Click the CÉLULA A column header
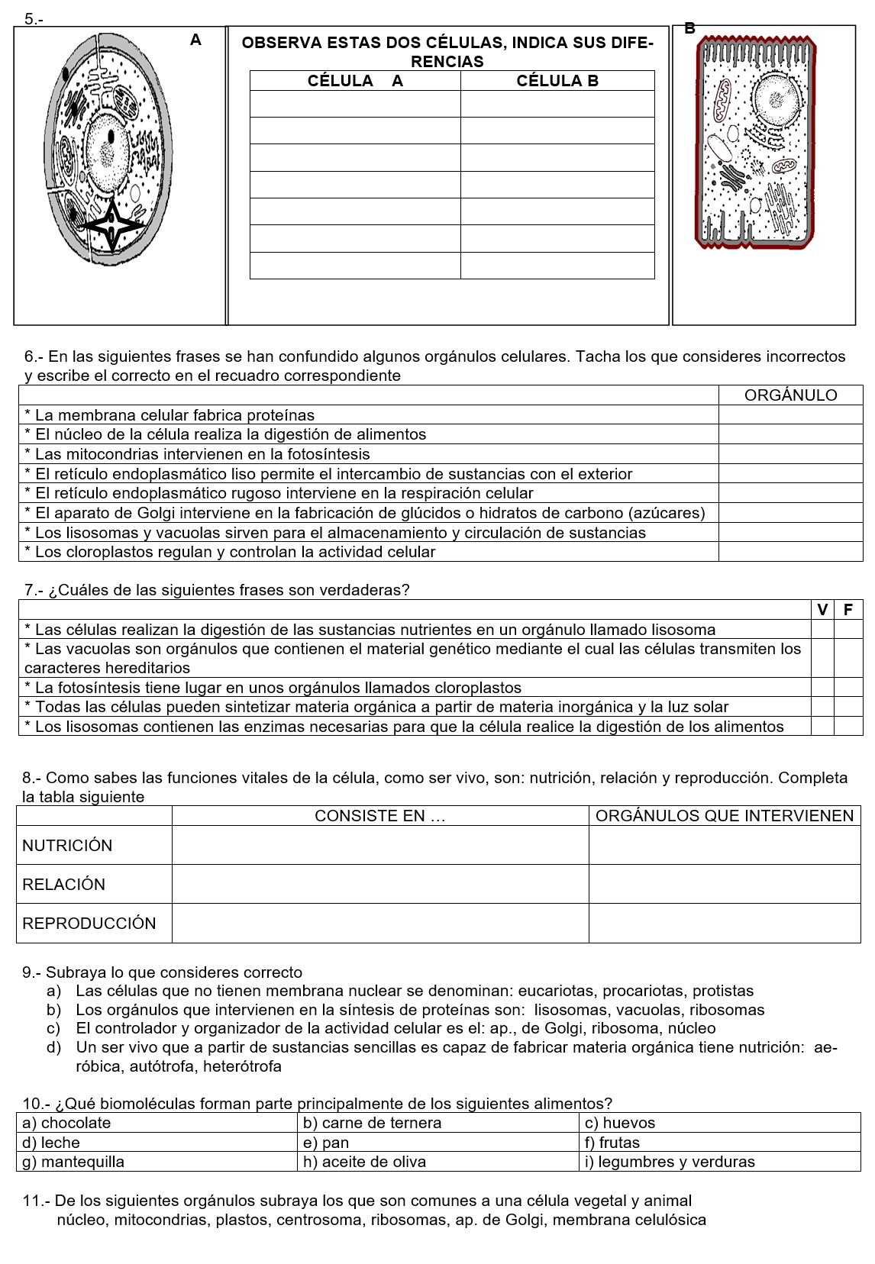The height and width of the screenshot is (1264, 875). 355,81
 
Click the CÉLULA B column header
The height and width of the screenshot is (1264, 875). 557,81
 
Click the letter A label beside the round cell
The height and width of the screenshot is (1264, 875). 195,40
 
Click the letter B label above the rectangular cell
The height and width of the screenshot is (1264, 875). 689,29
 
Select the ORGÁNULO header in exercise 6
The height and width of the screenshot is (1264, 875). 790,395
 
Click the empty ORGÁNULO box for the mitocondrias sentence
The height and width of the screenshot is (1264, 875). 790,454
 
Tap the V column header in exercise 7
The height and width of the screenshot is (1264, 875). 822,610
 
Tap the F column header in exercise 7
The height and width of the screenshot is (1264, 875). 848,610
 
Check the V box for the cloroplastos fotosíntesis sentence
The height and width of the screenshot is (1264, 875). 822,688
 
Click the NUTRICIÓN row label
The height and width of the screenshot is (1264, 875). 67,846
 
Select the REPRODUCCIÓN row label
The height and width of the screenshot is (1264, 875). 89,924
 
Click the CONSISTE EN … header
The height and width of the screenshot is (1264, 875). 379,816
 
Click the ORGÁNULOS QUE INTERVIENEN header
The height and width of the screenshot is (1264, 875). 724,816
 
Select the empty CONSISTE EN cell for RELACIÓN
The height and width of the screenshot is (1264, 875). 379,885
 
